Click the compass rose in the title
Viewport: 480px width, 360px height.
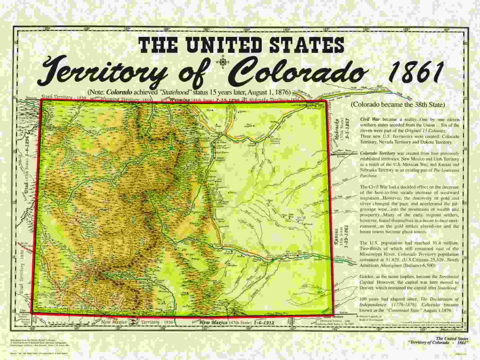tap(222, 62)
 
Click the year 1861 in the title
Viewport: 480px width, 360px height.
tap(415, 72)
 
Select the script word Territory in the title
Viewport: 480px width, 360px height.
tap(105, 69)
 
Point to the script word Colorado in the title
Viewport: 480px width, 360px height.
tap(297, 72)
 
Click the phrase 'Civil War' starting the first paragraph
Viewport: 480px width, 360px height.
tap(370, 119)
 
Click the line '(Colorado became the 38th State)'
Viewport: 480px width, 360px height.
tap(397, 105)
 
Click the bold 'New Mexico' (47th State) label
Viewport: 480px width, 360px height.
tap(214, 322)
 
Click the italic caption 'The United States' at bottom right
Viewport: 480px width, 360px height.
tap(452, 338)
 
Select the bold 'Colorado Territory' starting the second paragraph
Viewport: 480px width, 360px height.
tap(377, 153)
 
